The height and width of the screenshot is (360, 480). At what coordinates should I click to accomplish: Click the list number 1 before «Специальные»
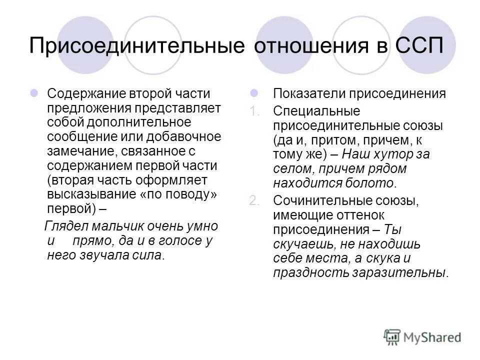point(255,111)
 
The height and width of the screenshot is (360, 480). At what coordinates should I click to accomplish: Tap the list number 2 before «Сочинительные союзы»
point(255,200)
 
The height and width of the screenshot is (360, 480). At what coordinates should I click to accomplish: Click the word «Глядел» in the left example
point(63,226)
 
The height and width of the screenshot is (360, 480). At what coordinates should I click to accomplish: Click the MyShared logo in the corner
point(422,337)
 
